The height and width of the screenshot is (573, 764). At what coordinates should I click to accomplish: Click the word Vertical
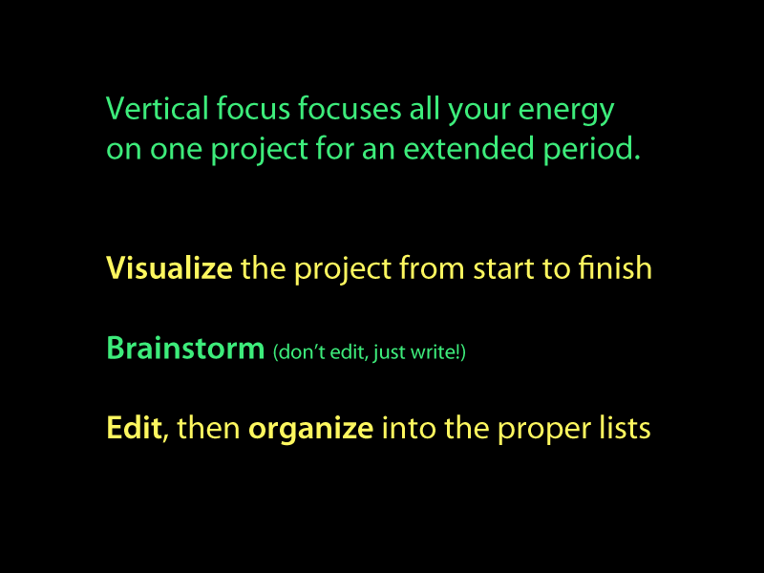(158, 108)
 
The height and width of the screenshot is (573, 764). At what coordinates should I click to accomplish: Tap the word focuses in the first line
(350, 108)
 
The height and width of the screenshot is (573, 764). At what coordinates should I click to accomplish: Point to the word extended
(468, 148)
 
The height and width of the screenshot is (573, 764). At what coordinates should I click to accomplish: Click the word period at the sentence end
(591, 151)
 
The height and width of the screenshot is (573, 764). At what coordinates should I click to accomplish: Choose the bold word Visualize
(170, 268)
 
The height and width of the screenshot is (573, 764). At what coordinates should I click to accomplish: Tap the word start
(504, 270)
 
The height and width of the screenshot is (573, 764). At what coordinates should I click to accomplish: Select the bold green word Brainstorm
(185, 348)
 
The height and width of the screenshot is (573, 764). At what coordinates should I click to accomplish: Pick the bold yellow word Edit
(134, 427)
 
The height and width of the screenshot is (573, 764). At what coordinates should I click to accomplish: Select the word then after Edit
(208, 427)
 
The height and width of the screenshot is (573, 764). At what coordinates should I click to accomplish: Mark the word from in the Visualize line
(432, 267)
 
